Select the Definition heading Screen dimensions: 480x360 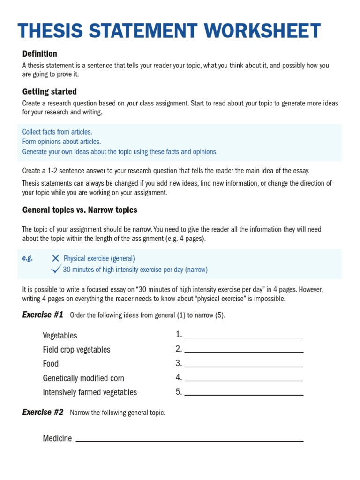point(40,54)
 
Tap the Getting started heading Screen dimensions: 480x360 point(49,91)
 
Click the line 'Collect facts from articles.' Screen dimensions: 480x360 point(57,132)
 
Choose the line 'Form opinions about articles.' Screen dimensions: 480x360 point(61,142)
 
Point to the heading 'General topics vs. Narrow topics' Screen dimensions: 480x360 point(80,210)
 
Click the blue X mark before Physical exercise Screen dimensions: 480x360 point(56,258)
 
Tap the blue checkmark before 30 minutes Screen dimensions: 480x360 point(56,269)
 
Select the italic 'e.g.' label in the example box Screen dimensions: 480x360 point(28,258)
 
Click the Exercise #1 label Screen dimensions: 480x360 point(43,315)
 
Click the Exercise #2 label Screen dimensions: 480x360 point(43,412)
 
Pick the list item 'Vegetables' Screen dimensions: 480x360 point(60,336)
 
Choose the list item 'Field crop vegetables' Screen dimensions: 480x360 point(76,350)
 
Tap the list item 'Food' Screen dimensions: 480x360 point(51,364)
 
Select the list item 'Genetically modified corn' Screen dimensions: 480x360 point(83,378)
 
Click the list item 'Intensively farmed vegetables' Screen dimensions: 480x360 point(90,392)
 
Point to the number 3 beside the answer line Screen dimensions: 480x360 point(178,363)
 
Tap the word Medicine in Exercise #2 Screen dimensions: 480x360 point(57,438)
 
